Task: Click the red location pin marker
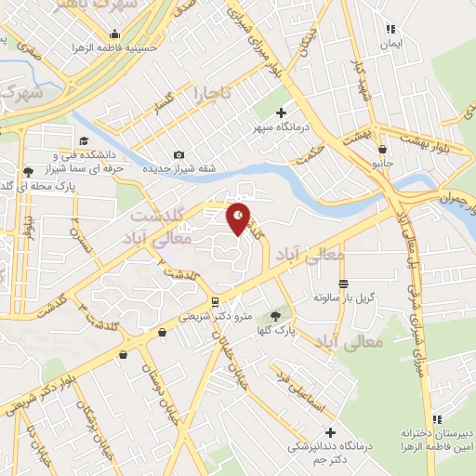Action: tap(239, 218)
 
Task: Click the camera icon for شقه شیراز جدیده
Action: tap(178, 155)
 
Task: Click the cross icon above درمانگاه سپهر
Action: tap(282, 112)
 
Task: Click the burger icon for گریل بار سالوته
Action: tap(343, 284)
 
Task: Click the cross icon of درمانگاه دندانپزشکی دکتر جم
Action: tap(331, 431)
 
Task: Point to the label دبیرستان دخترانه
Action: tap(438, 433)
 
